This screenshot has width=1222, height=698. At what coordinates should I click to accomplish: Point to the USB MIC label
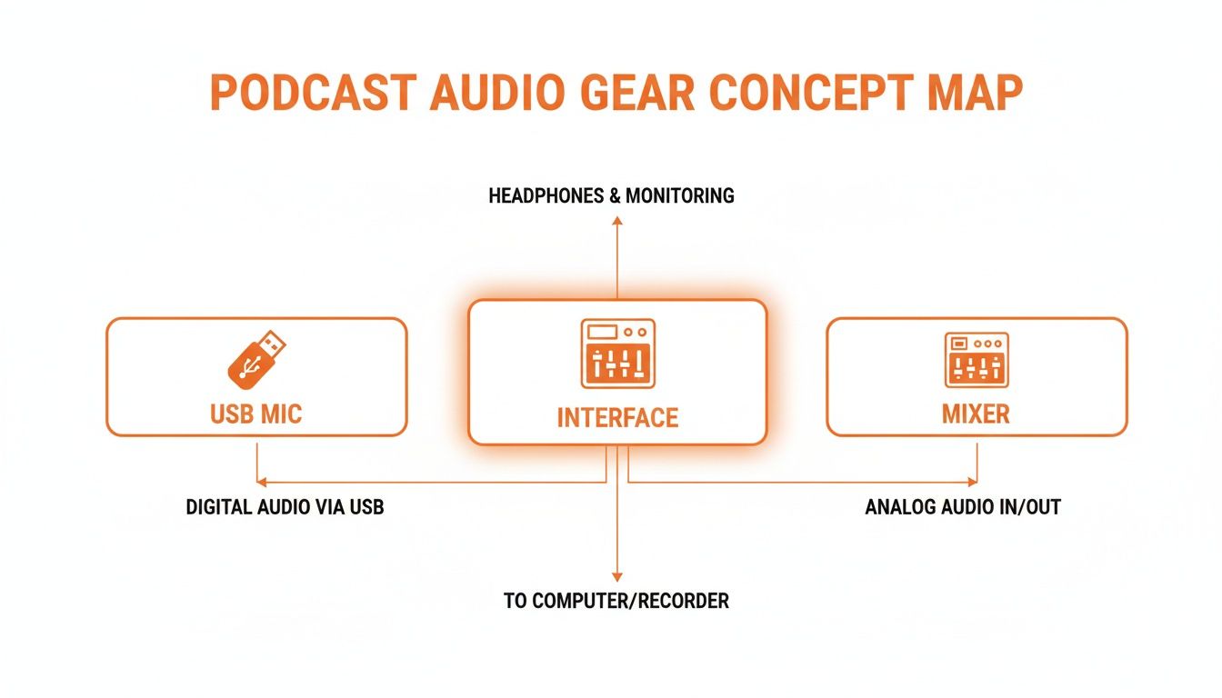255,414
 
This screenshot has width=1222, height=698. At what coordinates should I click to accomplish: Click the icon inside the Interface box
617,354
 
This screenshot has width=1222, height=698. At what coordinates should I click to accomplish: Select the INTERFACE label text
617,418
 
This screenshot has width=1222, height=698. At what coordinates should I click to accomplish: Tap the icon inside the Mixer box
977,359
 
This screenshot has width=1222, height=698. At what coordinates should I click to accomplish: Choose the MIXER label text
976,414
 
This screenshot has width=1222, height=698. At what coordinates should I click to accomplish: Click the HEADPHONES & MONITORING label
611,195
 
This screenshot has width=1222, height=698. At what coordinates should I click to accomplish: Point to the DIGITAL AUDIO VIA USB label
285,507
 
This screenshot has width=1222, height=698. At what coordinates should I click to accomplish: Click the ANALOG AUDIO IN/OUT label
963,507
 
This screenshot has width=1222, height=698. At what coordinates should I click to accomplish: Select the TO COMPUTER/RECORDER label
616,601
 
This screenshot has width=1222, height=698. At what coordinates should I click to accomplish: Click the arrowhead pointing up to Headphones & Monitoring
616,221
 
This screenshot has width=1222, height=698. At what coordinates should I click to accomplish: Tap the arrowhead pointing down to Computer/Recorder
616,575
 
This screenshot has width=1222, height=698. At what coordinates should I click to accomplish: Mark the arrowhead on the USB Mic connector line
261,481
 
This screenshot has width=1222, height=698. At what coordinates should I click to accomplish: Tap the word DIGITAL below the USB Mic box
219,507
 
